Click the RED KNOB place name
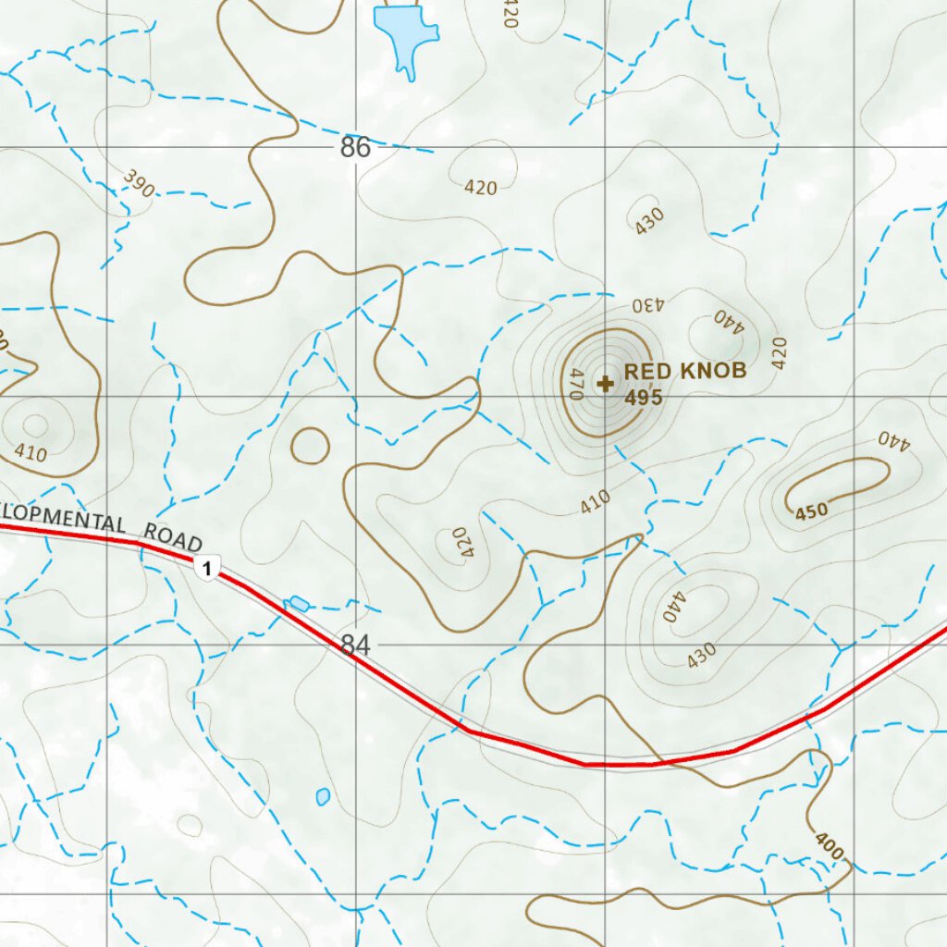point(684,371)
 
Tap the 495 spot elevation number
point(644,398)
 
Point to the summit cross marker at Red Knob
point(606,382)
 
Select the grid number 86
point(355,147)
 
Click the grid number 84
point(355,645)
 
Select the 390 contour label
point(138,184)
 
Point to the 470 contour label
point(574,384)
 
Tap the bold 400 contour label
point(830,845)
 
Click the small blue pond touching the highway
point(298,604)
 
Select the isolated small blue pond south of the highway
point(322,795)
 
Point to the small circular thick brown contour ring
point(310,447)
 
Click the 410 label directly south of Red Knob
point(596,502)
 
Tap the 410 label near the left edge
point(31,452)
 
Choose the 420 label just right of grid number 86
point(481,188)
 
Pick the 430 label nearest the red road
point(701,655)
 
